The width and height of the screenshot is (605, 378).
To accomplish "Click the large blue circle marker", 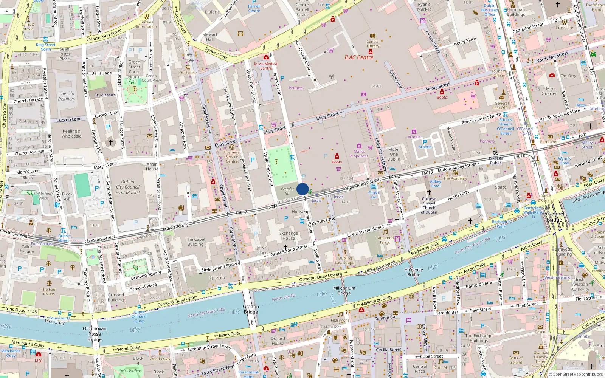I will pyautogui.click(x=302, y=189).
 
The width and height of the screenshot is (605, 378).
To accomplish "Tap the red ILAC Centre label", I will pyautogui.click(x=358, y=57).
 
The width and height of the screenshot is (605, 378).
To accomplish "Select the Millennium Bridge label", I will pyautogui.click(x=344, y=290).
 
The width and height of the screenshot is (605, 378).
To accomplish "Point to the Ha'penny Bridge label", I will pyautogui.click(x=414, y=272).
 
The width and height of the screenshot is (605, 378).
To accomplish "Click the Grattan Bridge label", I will pyautogui.click(x=251, y=309).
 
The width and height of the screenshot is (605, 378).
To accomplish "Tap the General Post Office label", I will pyautogui.click(x=502, y=105).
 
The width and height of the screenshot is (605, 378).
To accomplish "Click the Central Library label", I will pyautogui.click(x=373, y=44).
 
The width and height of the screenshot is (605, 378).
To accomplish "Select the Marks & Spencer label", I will pyautogui.click(x=359, y=153).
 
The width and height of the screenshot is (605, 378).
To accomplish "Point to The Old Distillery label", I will pyautogui.click(x=67, y=96).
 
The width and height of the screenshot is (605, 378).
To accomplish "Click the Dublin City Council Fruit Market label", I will pyautogui.click(x=128, y=187).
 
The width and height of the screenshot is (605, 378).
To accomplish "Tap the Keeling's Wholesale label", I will pyautogui.click(x=71, y=133).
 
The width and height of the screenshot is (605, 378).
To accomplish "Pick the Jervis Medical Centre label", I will pyautogui.click(x=266, y=66).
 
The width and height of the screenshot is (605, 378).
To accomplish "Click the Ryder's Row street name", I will pyautogui.click(x=216, y=53).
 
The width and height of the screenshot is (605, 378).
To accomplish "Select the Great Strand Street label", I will pyautogui.click(x=365, y=231).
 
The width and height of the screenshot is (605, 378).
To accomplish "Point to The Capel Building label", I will pyautogui.click(x=195, y=242).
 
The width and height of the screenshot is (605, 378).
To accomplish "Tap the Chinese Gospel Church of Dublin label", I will pyautogui.click(x=429, y=205).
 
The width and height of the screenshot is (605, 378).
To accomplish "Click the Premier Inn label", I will pyautogui.click(x=287, y=191).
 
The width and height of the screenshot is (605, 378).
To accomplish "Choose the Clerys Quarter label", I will pyautogui.click(x=549, y=91).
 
